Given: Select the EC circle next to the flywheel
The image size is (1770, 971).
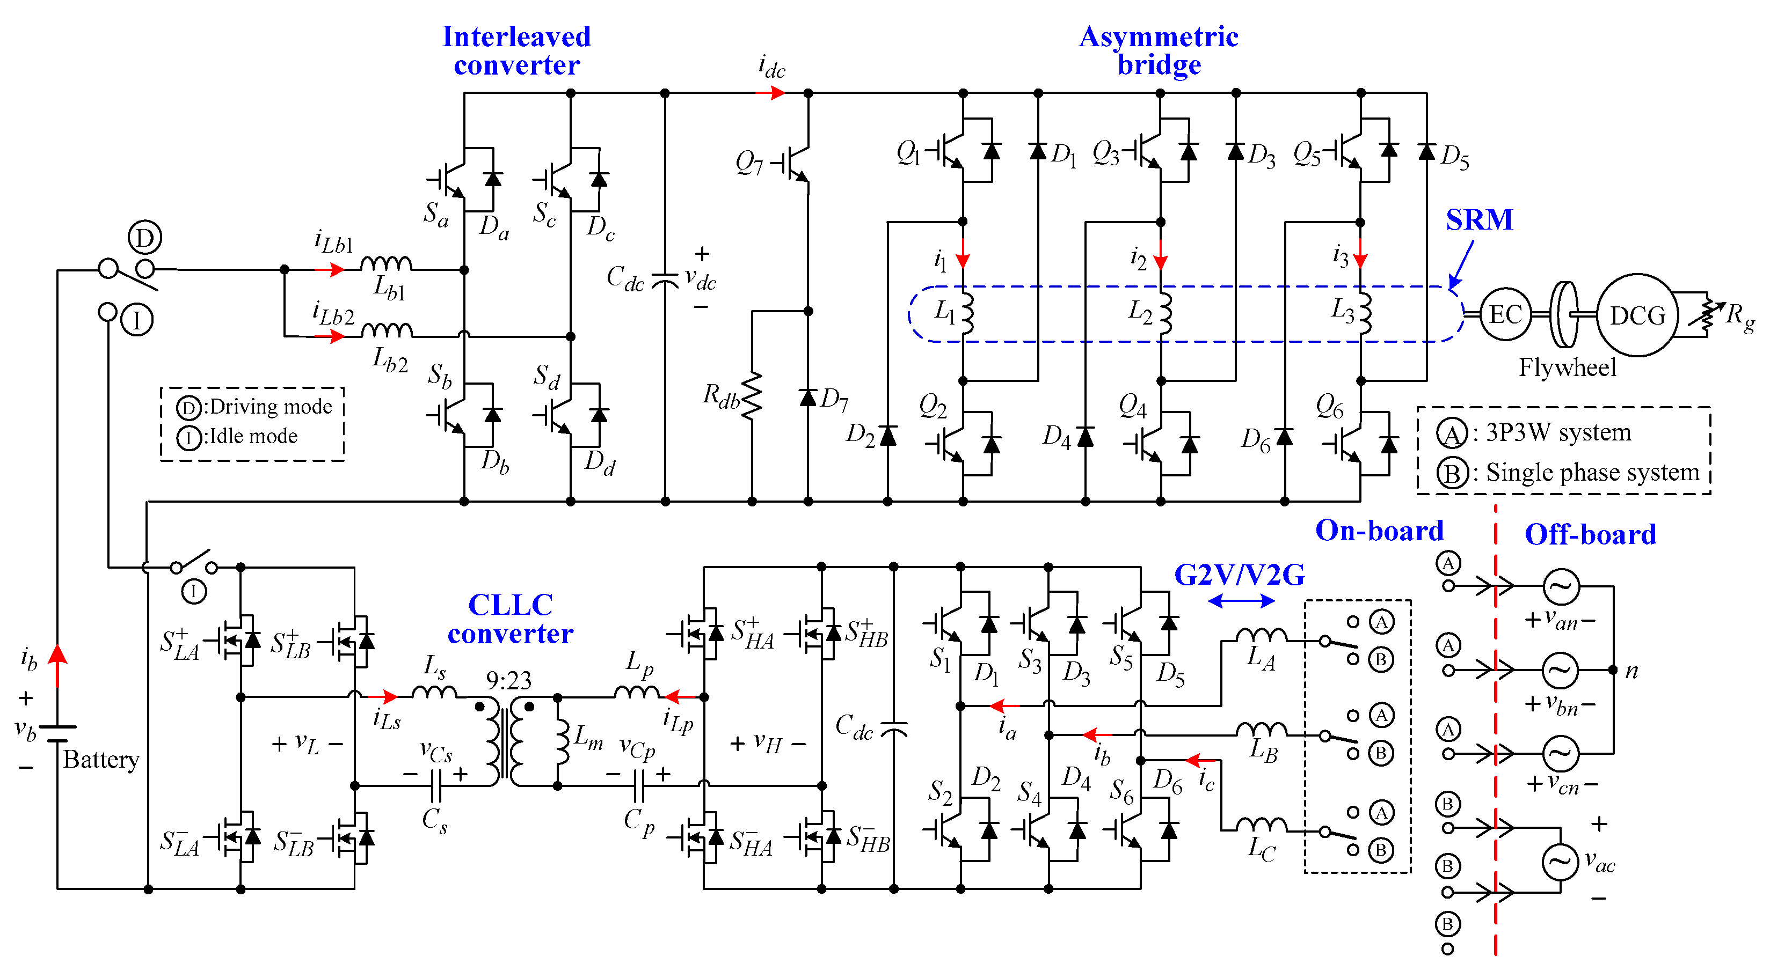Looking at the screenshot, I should click(1505, 314).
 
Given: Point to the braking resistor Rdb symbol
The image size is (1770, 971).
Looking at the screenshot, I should click(752, 395).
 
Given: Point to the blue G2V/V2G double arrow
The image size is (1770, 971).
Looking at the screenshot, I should click(1241, 601).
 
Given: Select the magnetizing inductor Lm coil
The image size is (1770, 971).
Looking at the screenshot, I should click(562, 741).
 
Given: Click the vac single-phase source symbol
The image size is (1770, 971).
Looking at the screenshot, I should click(1560, 863).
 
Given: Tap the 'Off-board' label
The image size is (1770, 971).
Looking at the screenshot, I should click(1590, 534).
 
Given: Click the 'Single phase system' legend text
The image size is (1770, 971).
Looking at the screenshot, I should click(1592, 473).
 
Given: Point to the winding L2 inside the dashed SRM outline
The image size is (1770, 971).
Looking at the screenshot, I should click(1164, 314).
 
